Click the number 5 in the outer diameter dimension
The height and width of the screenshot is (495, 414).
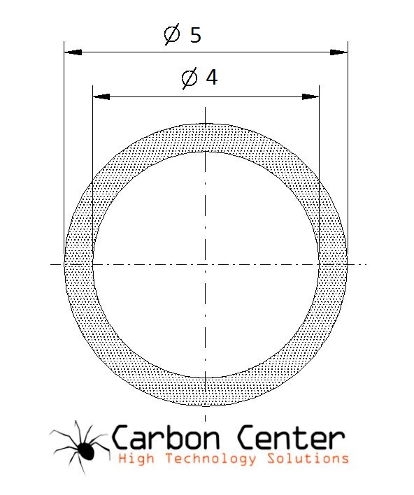point(196,35)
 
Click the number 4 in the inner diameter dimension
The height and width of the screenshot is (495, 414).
point(212,77)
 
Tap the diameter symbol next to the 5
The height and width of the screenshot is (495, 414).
point(172,34)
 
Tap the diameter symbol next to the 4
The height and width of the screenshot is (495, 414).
point(190,78)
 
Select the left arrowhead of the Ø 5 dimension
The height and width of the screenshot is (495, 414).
point(73,52)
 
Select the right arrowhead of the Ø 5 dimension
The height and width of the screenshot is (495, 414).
point(339,52)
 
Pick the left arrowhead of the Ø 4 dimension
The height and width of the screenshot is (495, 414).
point(101,96)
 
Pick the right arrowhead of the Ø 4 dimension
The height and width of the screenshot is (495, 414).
point(310,96)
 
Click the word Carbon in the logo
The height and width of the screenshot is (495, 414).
point(166,437)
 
